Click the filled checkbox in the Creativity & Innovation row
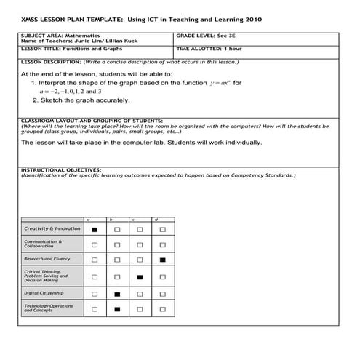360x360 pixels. tap(95, 229)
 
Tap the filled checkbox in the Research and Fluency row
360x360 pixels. tap(162, 260)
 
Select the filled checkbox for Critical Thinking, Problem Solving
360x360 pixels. tap(140, 277)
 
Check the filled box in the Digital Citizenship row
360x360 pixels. tap(117, 294)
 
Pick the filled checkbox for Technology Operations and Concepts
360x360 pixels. tap(117, 309)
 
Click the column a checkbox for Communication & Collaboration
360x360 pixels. tap(95, 244)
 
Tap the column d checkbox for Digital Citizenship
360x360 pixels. tap(162, 294)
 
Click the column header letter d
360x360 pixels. tap(157, 219)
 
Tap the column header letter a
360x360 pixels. tap(89, 219)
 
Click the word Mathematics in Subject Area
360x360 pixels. tap(84, 35)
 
